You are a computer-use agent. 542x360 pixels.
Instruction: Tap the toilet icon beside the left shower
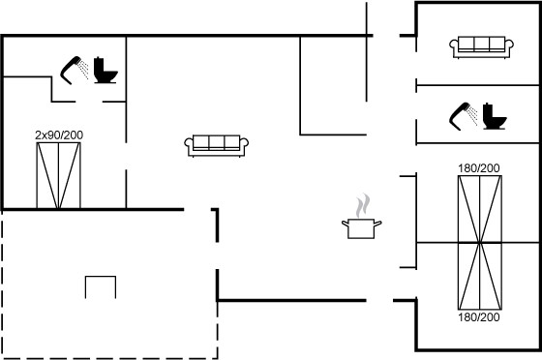[x=105, y=70]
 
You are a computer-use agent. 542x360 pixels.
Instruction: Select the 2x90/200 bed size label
[x=59, y=135]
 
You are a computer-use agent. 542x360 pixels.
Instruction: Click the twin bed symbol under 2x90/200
[x=58, y=175]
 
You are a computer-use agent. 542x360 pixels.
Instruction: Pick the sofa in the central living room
[x=217, y=145]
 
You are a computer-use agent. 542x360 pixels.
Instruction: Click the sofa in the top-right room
[x=482, y=46]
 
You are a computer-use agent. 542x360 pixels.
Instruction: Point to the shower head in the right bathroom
[x=459, y=117]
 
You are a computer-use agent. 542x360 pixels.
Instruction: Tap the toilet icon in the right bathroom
[x=495, y=116]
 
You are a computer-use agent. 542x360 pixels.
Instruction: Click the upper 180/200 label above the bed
[x=479, y=168]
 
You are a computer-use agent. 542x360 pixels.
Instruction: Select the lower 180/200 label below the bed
[x=479, y=317]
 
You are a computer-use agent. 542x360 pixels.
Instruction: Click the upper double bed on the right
[x=480, y=209]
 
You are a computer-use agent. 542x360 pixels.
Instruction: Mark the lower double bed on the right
[x=480, y=276]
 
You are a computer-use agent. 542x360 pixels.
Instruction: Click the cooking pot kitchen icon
[x=362, y=228]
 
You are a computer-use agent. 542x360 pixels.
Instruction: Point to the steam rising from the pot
[x=363, y=205]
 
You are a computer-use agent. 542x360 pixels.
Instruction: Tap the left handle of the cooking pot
[x=345, y=224]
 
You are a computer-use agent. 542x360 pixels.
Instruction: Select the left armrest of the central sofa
[x=189, y=144]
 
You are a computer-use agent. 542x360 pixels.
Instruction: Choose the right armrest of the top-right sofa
[x=509, y=45]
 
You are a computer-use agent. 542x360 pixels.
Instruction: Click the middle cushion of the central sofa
[x=217, y=142]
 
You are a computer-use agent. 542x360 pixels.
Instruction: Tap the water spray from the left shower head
[x=83, y=69]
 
